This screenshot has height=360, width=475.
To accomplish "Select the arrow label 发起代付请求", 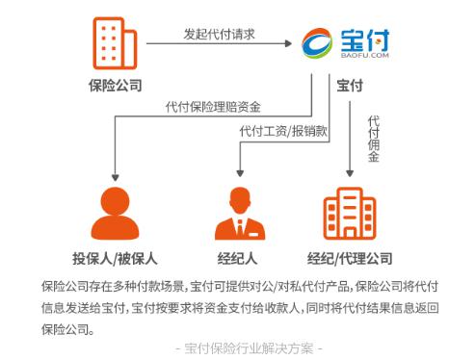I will tap(221, 33).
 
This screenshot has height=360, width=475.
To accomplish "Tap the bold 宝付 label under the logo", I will tap(350, 86).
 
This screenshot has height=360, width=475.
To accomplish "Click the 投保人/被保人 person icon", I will tap(114, 213).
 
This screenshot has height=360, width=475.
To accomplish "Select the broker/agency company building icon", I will tap(350, 213).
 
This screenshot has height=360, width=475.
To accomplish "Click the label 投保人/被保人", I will tap(114, 258).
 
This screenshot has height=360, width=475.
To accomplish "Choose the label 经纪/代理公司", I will tap(350, 258).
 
